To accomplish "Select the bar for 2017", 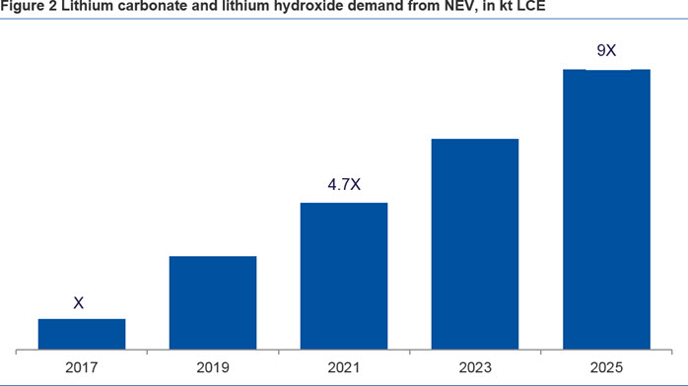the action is [x=82, y=334].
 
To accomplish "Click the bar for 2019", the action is [x=213, y=303].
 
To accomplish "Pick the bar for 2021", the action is [x=344, y=277].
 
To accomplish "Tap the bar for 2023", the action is [x=475, y=244].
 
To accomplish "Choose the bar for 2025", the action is [x=606, y=210].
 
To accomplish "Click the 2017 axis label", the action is [x=82, y=367].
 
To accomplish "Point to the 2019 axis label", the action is [x=213, y=367].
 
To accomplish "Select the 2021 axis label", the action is [x=344, y=367].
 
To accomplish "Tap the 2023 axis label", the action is [x=475, y=367].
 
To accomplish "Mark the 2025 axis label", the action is [x=606, y=367].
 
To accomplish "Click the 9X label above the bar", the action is [x=606, y=51].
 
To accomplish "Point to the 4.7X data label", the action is [x=344, y=184].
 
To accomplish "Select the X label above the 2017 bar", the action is [x=79, y=302].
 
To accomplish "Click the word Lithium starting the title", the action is [x=85, y=6].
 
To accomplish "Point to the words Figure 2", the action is [x=29, y=6].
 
